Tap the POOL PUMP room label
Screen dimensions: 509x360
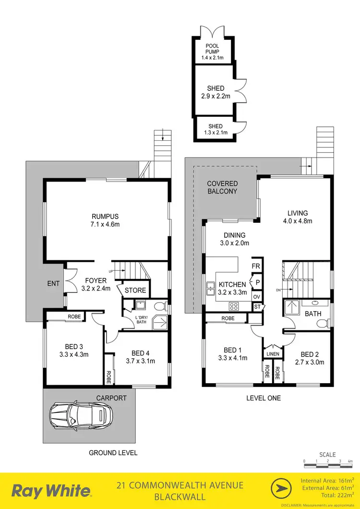[x=212, y=49]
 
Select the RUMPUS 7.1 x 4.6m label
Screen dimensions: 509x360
[x=106, y=220]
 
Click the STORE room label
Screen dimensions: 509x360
[x=135, y=291]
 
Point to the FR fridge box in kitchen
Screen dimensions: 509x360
[x=257, y=266]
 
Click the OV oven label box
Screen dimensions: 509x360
[x=257, y=297]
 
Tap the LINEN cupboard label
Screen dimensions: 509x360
[x=273, y=354]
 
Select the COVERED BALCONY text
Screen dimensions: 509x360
[x=222, y=187]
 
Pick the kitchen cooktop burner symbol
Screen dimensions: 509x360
[x=234, y=305]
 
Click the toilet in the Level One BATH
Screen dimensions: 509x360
[x=324, y=323]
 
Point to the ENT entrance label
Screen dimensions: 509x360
[x=53, y=284]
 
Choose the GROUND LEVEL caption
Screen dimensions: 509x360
[x=113, y=452]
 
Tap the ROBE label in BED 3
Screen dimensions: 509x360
[x=74, y=316]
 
